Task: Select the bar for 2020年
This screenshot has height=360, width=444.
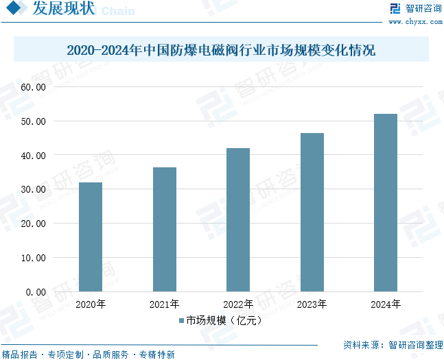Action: tap(91, 237)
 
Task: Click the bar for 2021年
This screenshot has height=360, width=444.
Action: tap(165, 229)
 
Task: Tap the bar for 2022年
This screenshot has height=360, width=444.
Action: tap(238, 219)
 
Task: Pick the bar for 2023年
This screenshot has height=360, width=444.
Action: tap(312, 212)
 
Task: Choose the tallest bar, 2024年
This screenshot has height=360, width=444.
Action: tap(386, 202)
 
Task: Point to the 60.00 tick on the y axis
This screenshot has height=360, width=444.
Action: tap(32, 88)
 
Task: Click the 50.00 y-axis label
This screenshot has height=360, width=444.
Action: tap(32, 121)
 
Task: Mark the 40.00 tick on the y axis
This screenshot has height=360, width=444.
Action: tap(32, 156)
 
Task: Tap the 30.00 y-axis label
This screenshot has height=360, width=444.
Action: tap(32, 189)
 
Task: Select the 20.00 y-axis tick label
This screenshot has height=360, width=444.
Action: tap(32, 224)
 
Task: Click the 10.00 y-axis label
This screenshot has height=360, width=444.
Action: tap(32, 258)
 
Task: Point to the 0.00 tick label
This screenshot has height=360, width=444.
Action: tap(35, 291)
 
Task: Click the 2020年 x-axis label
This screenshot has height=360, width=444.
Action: tap(91, 304)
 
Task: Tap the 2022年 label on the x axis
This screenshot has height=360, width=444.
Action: tap(238, 304)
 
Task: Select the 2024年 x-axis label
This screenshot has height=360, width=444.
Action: tap(386, 304)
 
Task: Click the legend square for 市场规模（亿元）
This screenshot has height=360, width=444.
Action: tap(181, 320)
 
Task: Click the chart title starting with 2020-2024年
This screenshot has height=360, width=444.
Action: tap(221, 51)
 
